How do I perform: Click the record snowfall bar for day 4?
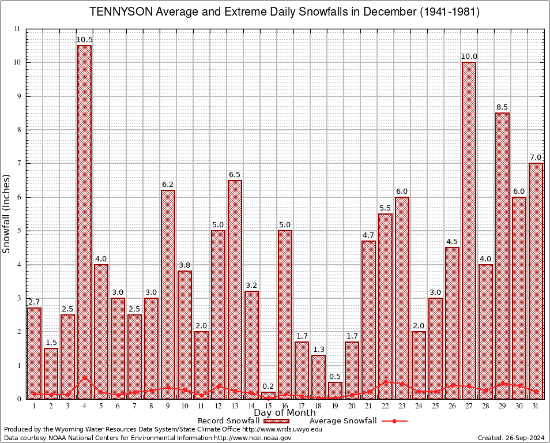point(85,222)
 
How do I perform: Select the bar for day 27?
point(469,230)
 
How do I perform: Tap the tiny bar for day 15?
point(268,395)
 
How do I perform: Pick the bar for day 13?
point(235,289)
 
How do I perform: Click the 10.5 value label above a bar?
point(85,40)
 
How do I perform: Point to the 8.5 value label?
point(502,107)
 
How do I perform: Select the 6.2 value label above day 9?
point(168,185)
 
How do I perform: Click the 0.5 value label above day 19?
point(335,377)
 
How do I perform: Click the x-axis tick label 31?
point(536,406)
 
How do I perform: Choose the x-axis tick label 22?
point(385,406)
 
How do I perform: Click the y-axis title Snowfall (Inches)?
point(7,213)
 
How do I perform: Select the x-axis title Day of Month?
point(285,413)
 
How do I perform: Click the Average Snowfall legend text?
point(342,421)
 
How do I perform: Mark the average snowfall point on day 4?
point(85,378)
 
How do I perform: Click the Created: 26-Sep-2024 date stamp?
point(511,438)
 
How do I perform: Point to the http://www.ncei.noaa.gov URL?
point(252,438)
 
